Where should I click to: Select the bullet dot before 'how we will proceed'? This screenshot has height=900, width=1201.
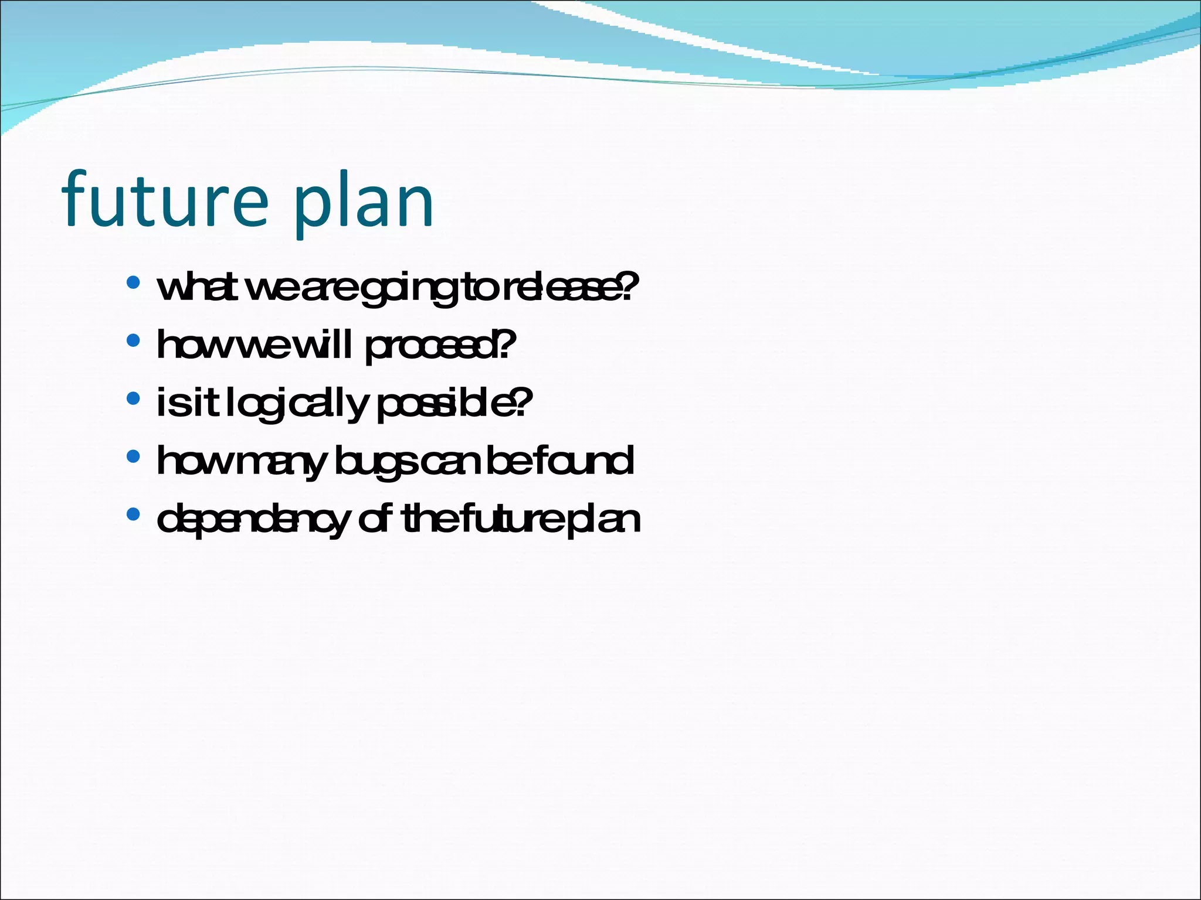[x=133, y=340]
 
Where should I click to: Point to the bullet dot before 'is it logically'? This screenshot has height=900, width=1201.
[x=133, y=398]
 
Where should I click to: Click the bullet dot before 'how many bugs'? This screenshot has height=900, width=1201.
[x=133, y=456]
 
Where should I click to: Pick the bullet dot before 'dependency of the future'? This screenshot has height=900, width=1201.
[x=133, y=514]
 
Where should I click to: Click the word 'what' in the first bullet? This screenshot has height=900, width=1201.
[x=196, y=287]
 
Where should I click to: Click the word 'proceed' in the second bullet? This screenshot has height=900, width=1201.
[x=431, y=346]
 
